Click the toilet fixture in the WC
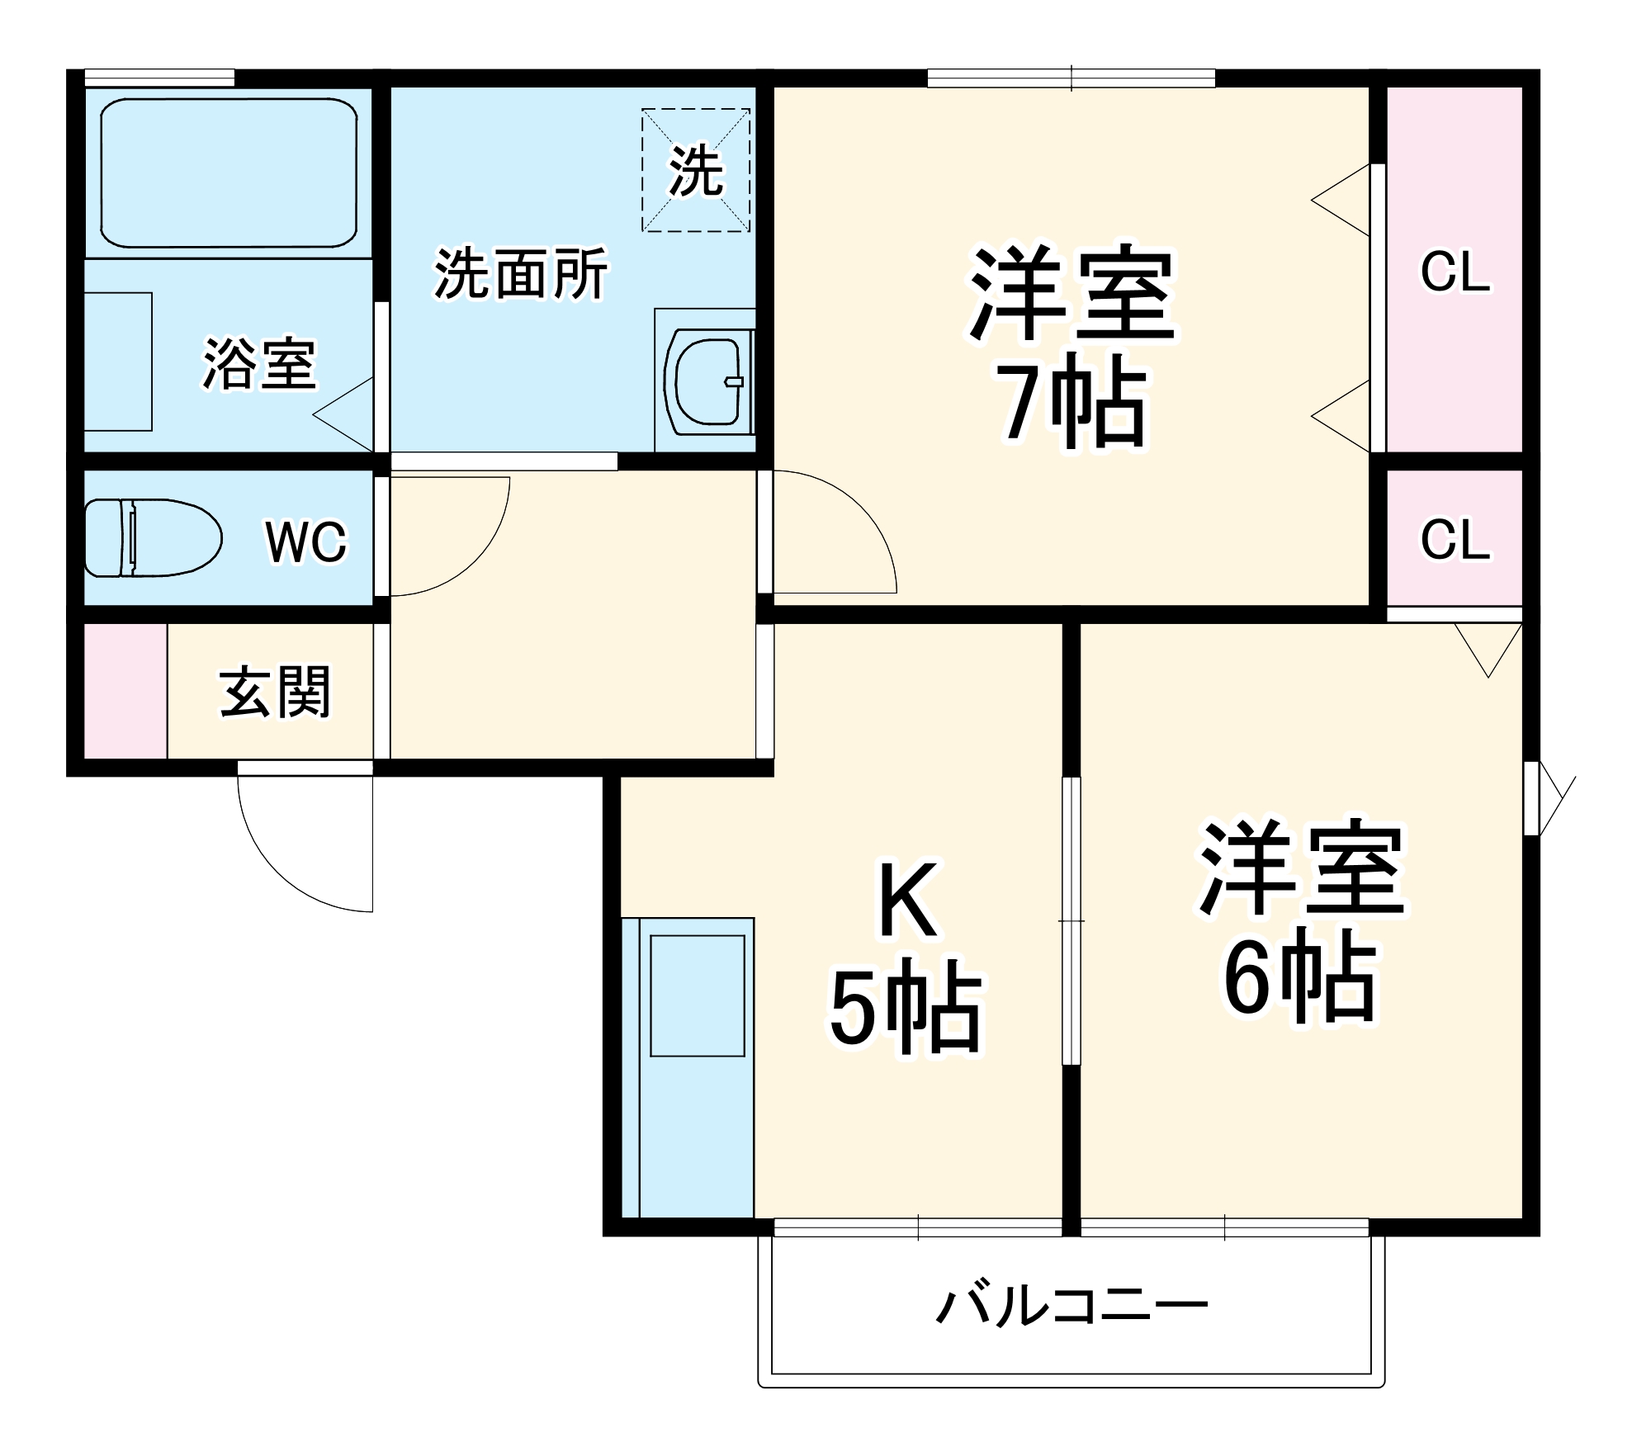pos(153,537)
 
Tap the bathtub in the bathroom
pos(229,173)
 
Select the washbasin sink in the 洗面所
pos(708,381)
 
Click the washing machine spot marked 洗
pos(696,170)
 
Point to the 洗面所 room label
pos(521,273)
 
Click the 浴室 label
pos(259,363)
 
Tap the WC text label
pos(306,541)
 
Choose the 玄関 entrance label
pos(275,692)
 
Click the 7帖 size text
pos(1072,402)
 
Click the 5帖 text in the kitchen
pos(906,1006)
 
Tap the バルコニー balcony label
pos(1071,1305)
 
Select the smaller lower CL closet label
pos(1455,540)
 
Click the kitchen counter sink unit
pos(688,1067)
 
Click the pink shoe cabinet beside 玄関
pos(125,691)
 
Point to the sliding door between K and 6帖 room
pos(1071,920)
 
